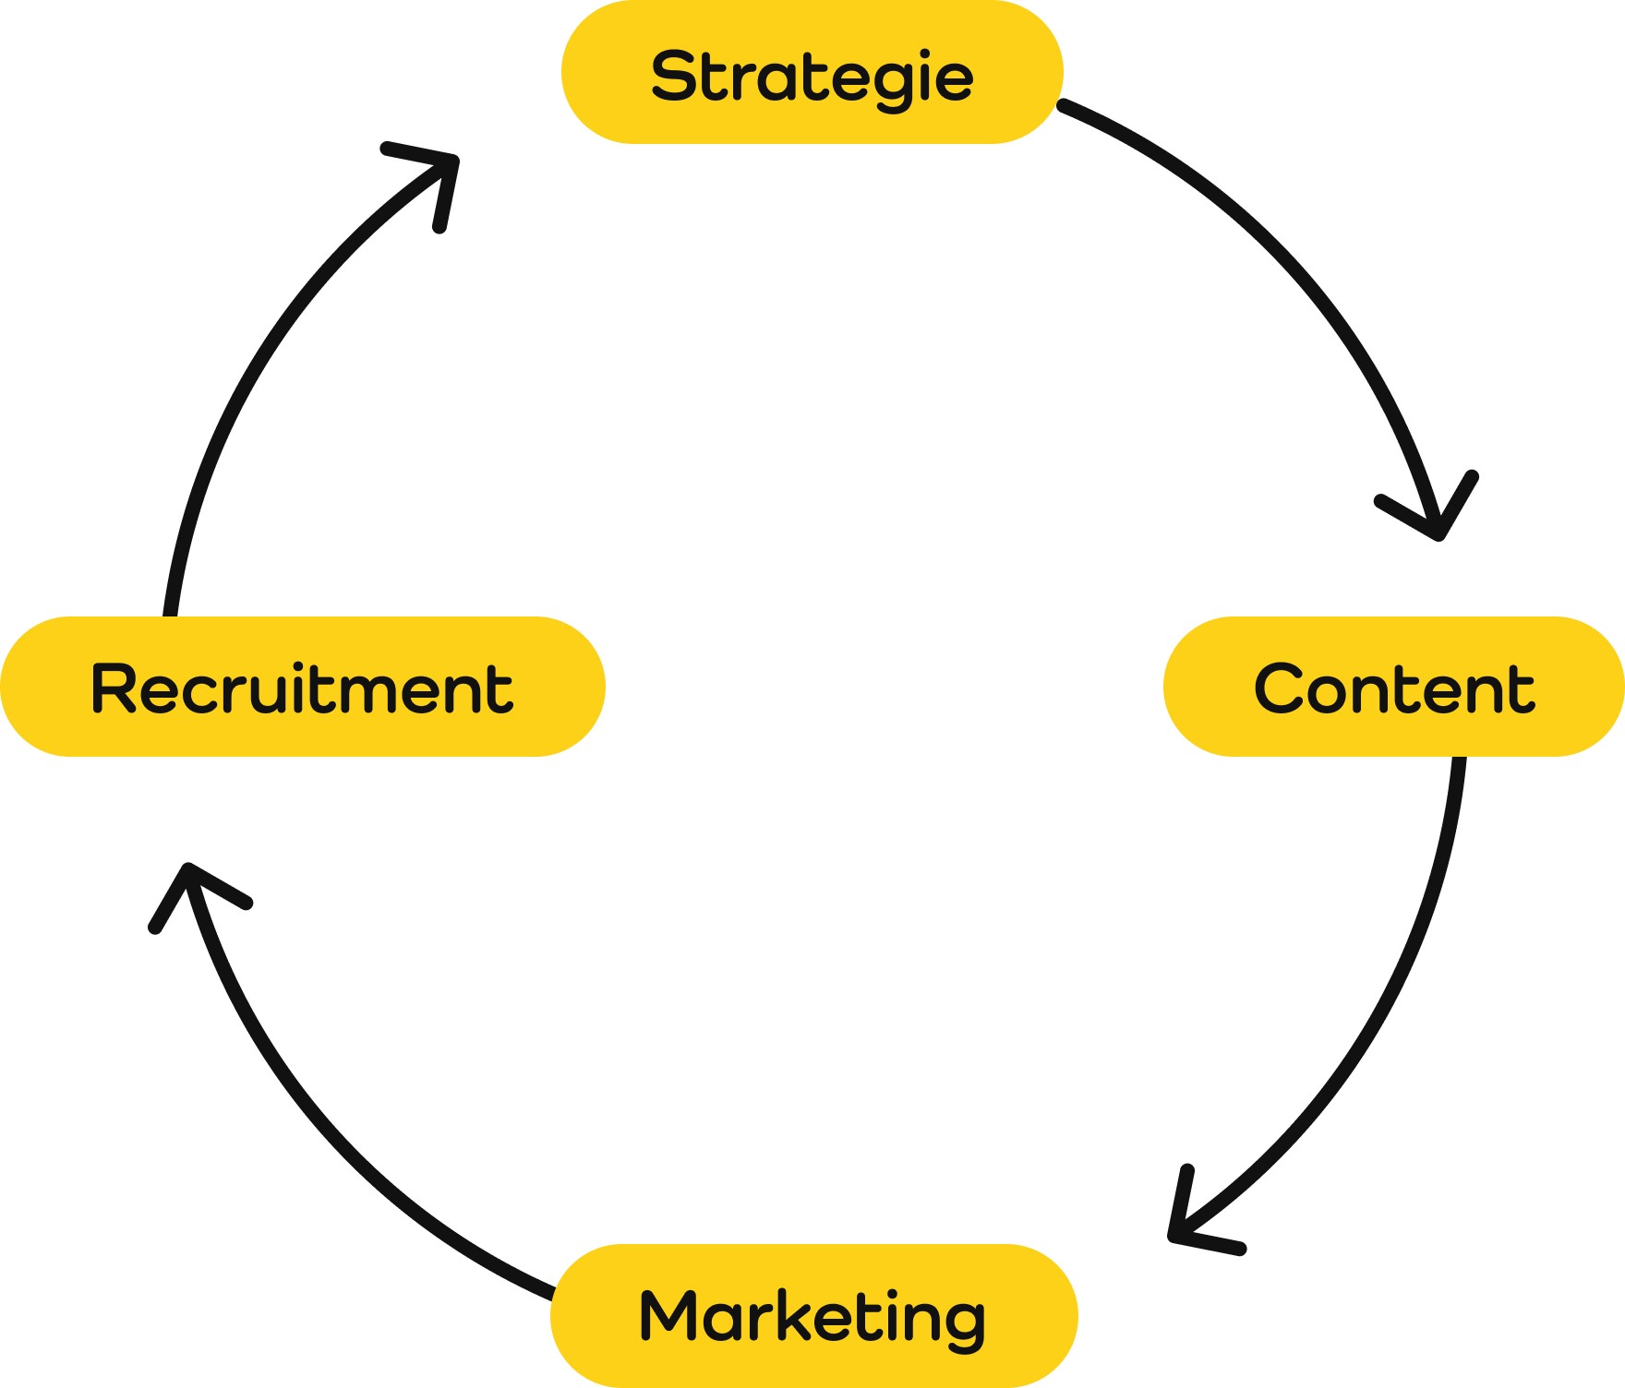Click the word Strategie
pyautogui.click(x=812, y=77)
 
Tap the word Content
pyautogui.click(x=1394, y=688)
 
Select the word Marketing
pyautogui.click(x=812, y=1317)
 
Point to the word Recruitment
pyautogui.click(x=302, y=688)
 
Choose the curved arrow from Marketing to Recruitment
pyautogui.click(x=323, y=1107)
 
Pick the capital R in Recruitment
pyautogui.click(x=112, y=688)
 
